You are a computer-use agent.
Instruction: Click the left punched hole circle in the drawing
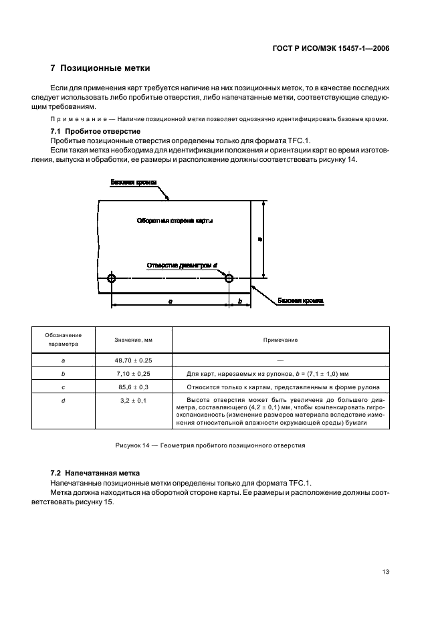click(x=111, y=278)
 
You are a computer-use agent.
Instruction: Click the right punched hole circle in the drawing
click(x=229, y=278)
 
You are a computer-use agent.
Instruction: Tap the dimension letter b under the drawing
click(x=240, y=302)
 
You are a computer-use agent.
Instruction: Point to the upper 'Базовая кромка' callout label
click(x=134, y=182)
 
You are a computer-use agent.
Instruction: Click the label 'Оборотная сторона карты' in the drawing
click(x=175, y=220)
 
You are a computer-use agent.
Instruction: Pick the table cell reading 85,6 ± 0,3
click(x=134, y=387)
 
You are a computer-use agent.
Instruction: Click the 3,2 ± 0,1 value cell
click(x=134, y=400)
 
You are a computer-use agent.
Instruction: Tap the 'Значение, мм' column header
click(x=134, y=340)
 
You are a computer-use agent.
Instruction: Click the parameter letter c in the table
click(x=63, y=387)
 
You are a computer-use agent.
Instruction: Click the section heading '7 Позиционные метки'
click(x=100, y=68)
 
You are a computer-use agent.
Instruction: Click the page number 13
click(x=386, y=572)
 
